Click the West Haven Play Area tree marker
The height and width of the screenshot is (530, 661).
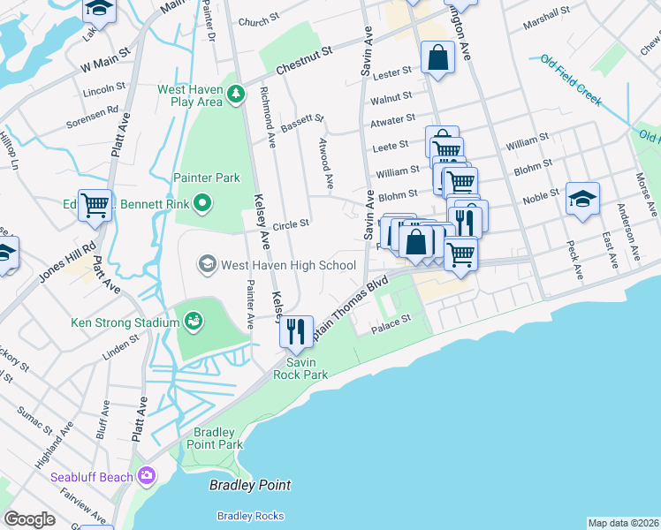coord(236,94)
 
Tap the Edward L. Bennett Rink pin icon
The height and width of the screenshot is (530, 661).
coord(203,205)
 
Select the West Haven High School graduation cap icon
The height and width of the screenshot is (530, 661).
coord(207,263)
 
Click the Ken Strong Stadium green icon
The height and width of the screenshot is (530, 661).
coord(193,322)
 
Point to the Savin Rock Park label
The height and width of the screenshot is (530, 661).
coord(307,368)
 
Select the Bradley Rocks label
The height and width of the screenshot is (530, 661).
coord(251,516)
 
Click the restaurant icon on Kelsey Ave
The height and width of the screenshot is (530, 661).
coord(295,331)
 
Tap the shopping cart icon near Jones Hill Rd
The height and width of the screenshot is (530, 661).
coord(95,205)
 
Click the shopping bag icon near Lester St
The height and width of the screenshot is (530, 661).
coord(437,58)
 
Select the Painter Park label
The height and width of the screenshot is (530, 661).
coord(207,178)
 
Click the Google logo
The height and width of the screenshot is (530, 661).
coord(29,519)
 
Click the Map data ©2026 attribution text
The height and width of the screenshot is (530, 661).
coord(623,523)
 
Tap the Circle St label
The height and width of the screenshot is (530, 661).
coord(291,223)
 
